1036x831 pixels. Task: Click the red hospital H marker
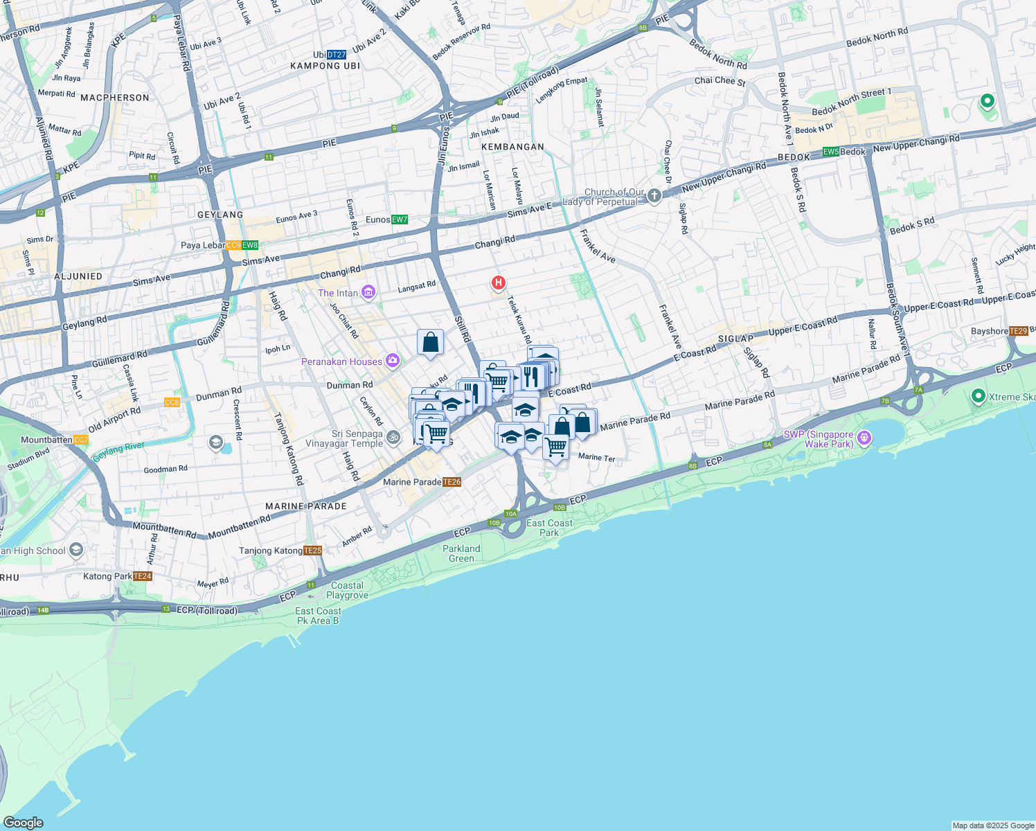[498, 283]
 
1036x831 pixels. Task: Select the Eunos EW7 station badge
[400, 220]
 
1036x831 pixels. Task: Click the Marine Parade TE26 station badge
[452, 482]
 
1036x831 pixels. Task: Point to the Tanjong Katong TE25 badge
[313, 551]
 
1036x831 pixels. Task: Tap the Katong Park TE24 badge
[142, 576]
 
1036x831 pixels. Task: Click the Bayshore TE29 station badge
[1018, 331]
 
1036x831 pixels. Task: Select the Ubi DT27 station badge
[336, 55]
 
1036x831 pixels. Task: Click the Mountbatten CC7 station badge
[81, 440]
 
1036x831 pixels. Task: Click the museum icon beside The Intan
[368, 292]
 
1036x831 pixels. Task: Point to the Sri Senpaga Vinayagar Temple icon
[393, 437]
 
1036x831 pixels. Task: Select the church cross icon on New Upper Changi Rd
[654, 196]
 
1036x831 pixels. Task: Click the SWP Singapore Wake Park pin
[864, 438]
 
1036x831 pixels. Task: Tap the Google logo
[23, 822]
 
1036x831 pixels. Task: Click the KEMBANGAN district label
[512, 147]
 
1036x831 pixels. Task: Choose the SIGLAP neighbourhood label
[735, 339]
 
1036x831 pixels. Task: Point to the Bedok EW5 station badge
[830, 152]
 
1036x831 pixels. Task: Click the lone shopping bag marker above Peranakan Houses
[430, 343]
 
